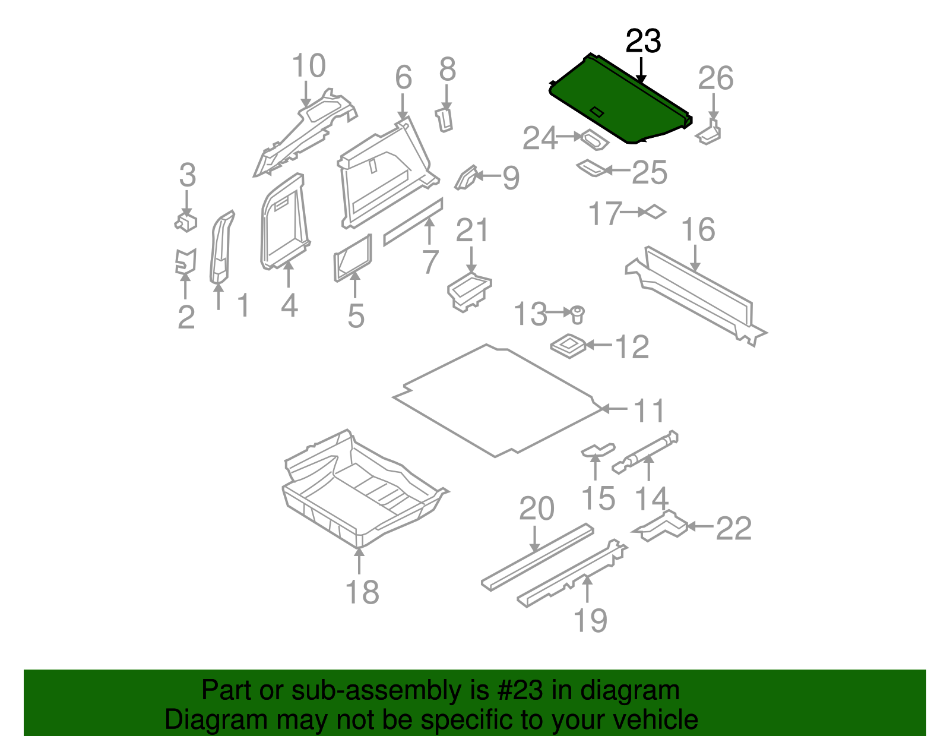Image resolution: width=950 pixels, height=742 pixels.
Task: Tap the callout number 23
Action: [643, 42]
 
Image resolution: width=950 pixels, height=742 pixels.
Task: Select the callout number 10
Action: [309, 66]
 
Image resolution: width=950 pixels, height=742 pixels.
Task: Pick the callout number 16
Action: [698, 230]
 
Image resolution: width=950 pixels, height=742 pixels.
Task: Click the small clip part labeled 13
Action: [577, 314]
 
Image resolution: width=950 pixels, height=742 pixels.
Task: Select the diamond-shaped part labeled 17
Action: [655, 211]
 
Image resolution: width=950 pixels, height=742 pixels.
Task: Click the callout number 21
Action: [471, 231]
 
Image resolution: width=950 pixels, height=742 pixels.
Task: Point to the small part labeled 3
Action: [186, 222]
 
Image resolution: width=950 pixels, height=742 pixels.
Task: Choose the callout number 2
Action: [186, 317]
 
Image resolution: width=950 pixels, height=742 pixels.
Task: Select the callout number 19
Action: [590, 621]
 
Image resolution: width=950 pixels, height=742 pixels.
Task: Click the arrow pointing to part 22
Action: [701, 526]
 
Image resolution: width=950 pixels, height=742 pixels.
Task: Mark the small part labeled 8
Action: [445, 119]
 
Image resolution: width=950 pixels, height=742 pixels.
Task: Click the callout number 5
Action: [356, 315]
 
